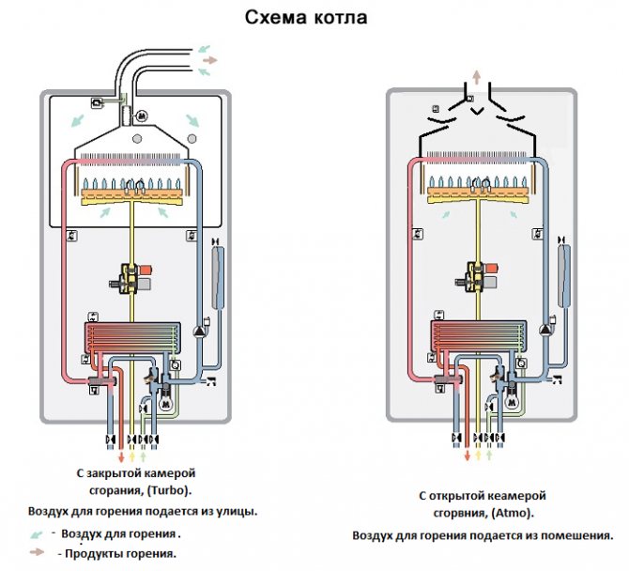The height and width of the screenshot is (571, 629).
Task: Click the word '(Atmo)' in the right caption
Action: point(511,514)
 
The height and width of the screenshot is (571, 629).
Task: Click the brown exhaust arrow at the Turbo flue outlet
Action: point(210,59)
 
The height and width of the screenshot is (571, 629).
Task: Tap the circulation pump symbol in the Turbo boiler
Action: point(200,331)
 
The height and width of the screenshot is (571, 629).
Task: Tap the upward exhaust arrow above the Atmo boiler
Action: point(476,76)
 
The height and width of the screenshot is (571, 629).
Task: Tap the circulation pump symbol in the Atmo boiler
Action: point(544,331)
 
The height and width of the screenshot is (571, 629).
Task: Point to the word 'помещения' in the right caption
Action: point(573,535)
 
